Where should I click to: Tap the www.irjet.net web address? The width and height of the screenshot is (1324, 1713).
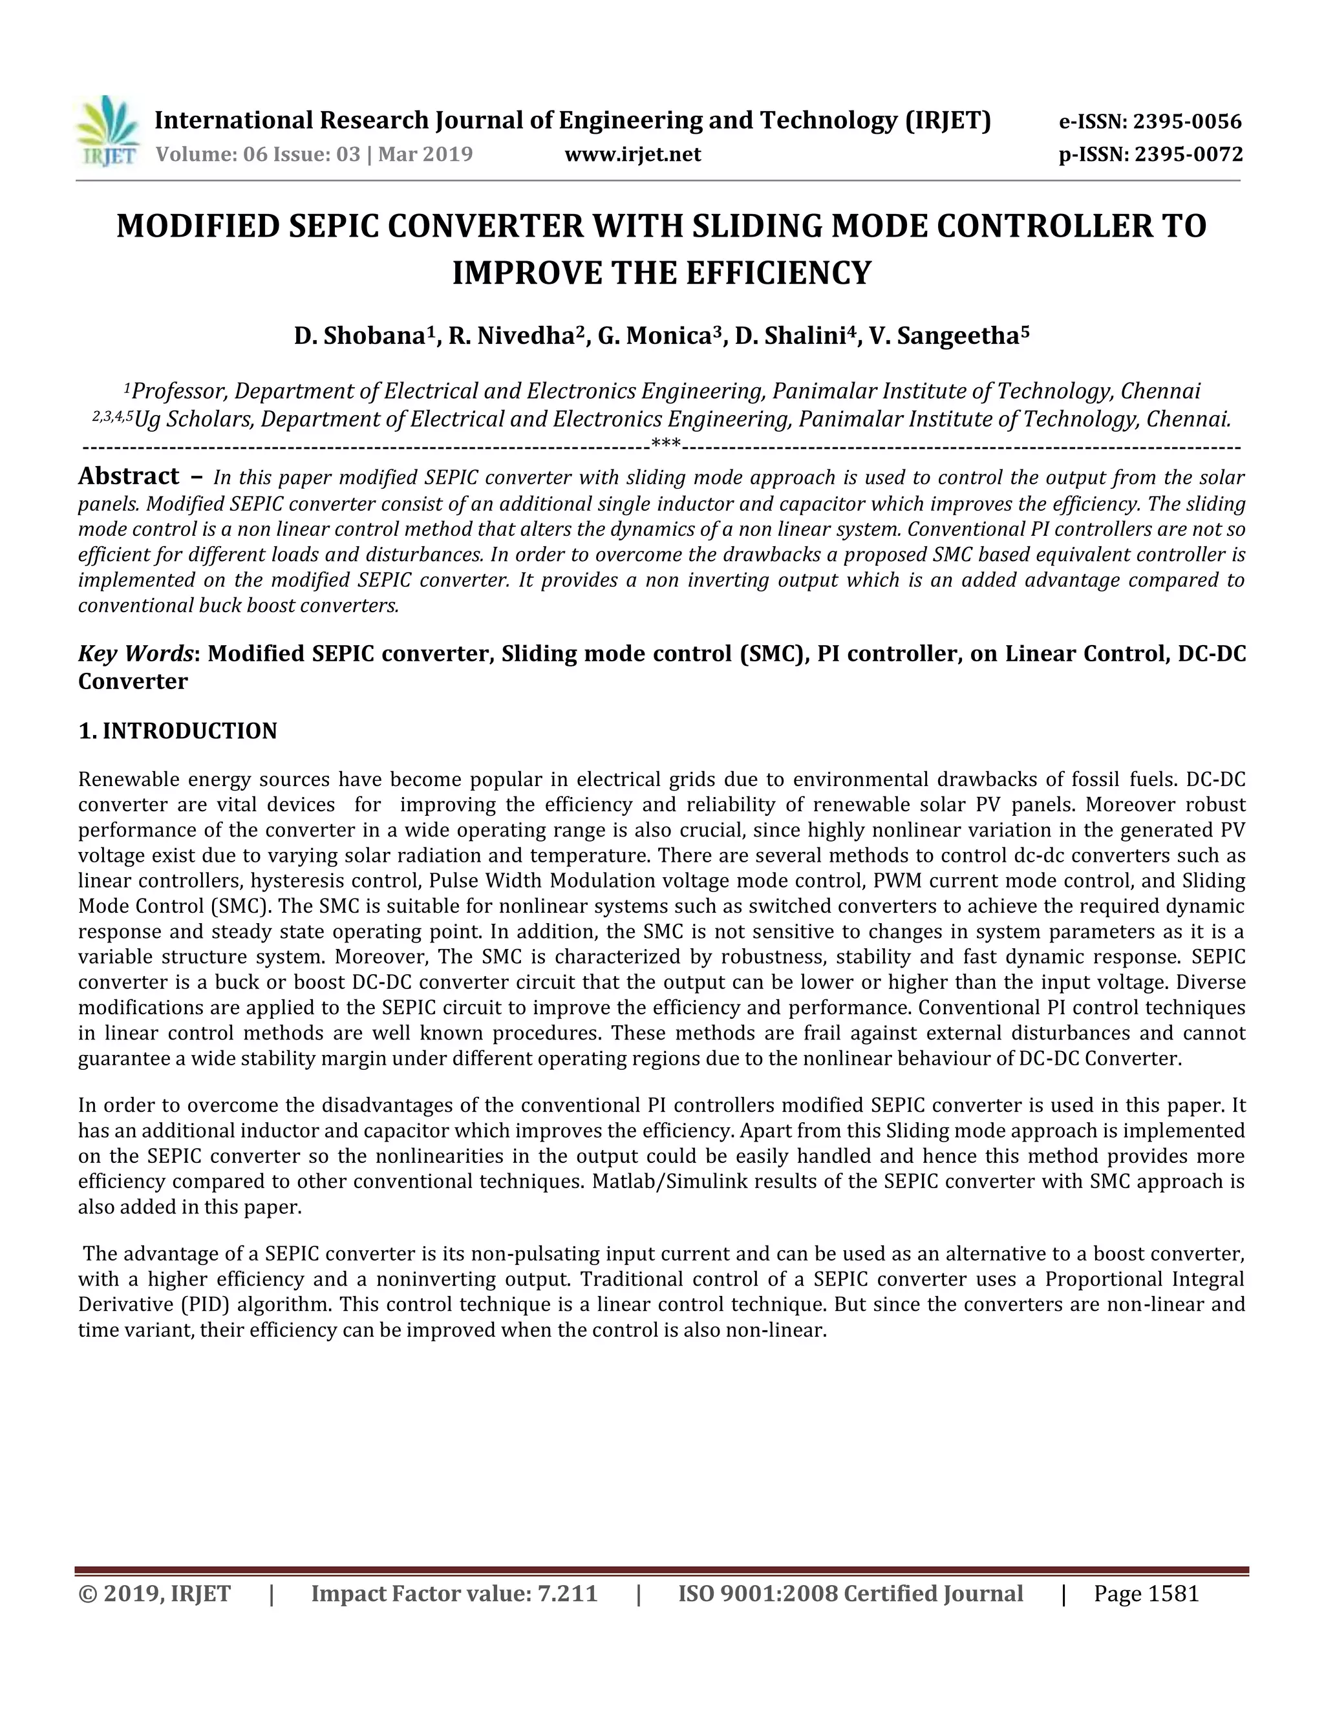tap(632, 154)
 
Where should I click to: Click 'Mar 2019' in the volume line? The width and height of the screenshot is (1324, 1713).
tap(426, 154)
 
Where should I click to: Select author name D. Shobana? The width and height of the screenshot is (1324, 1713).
tap(359, 337)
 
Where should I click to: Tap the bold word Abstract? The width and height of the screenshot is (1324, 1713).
tap(129, 476)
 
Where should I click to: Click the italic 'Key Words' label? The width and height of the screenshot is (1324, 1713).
tap(135, 654)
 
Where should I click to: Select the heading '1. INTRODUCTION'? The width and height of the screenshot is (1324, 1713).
tap(178, 731)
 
